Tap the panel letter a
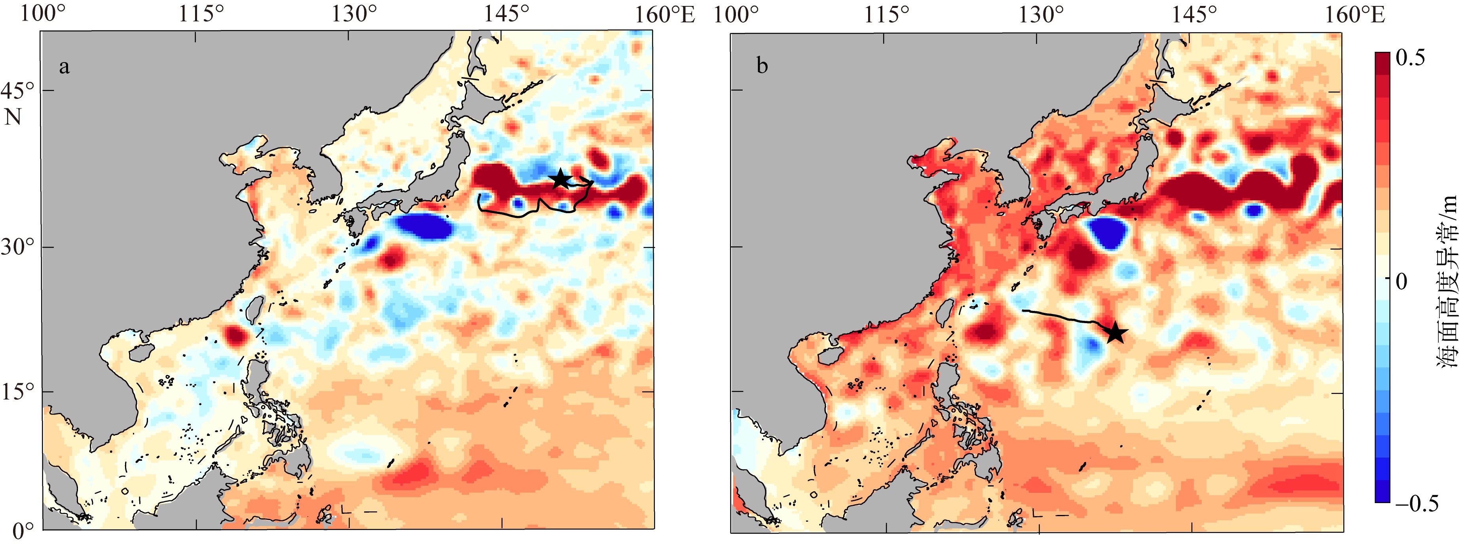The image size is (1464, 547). pos(64,67)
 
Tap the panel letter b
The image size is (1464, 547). pos(762,66)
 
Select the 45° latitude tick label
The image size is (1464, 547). pos(18,91)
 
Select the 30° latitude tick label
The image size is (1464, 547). pos(18,248)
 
